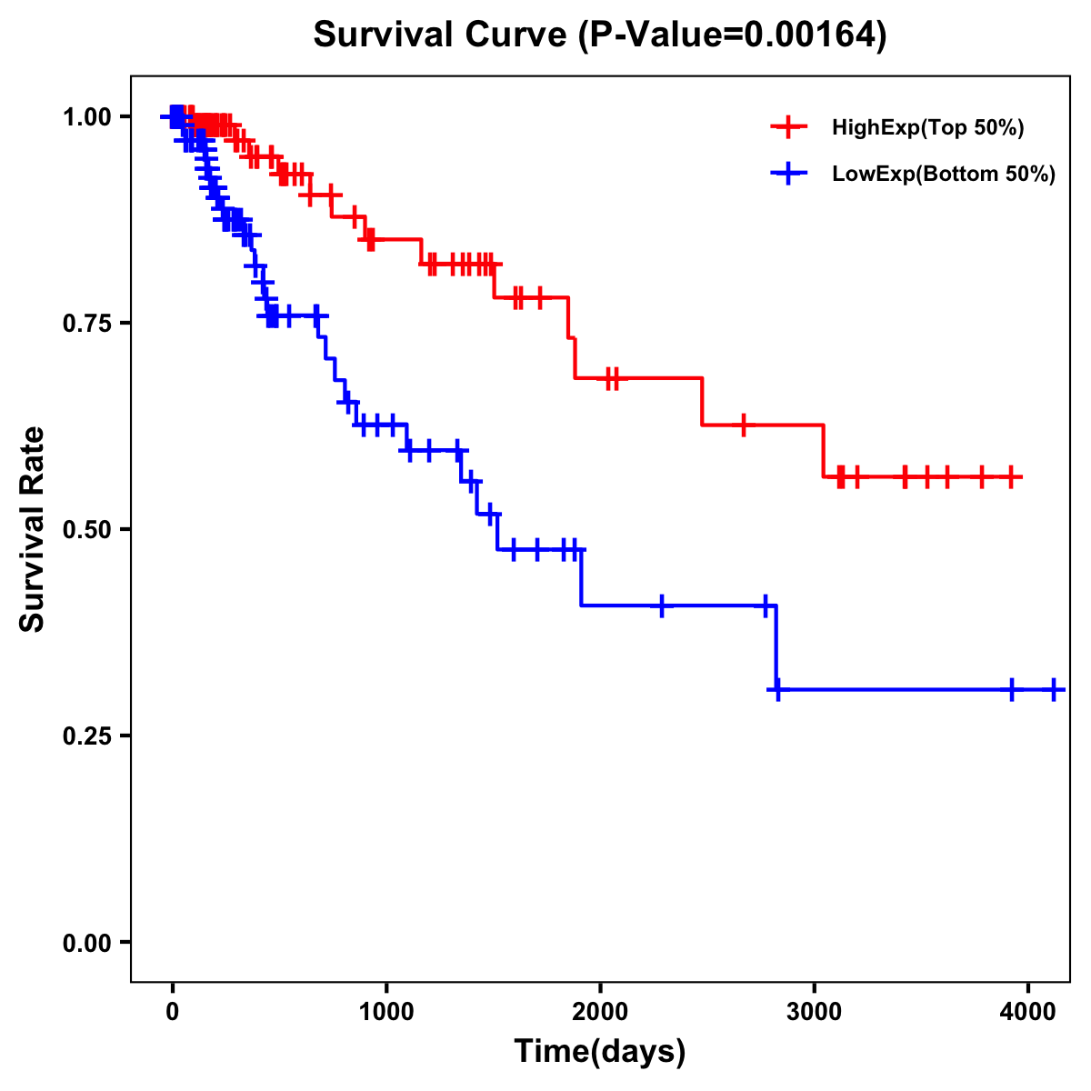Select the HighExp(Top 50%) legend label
pyautogui.click(x=927, y=128)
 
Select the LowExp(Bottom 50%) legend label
pyautogui.click(x=944, y=174)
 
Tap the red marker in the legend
pyautogui.click(x=788, y=128)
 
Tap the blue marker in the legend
pyautogui.click(x=788, y=174)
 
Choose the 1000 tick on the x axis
pyautogui.click(x=386, y=1008)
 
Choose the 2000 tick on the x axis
pyautogui.click(x=600, y=1008)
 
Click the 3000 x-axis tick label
pyautogui.click(x=814, y=1008)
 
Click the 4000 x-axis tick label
pyautogui.click(x=1027, y=1008)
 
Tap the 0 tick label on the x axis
pyautogui.click(x=173, y=1008)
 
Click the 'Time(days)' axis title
pyautogui.click(x=600, y=1051)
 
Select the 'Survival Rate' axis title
pyautogui.click(x=34, y=528)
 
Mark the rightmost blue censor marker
pyautogui.click(x=1053, y=690)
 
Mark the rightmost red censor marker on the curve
pyautogui.click(x=1011, y=476)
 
